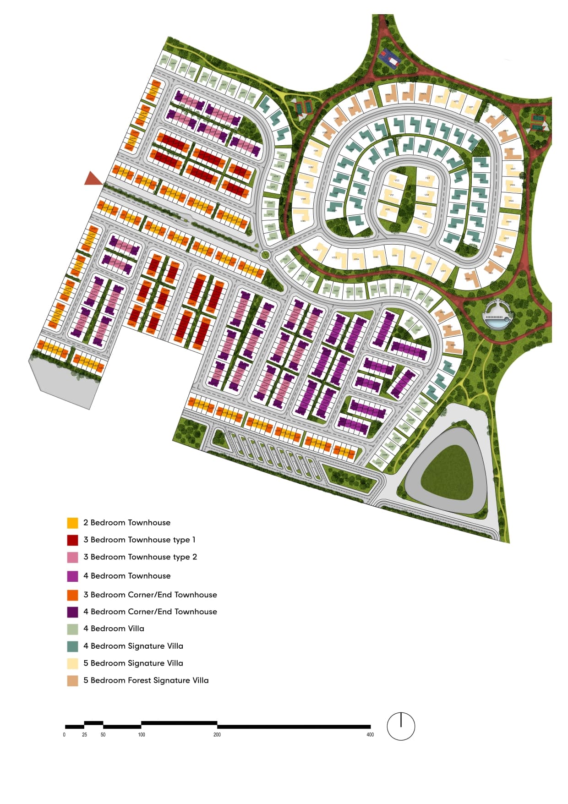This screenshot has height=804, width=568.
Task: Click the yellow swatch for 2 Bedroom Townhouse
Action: [x=72, y=523]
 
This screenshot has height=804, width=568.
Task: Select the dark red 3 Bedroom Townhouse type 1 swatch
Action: [x=72, y=540]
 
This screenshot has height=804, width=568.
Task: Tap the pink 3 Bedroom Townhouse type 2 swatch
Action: [x=72, y=557]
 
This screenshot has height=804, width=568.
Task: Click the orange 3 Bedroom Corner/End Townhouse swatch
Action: [x=72, y=595]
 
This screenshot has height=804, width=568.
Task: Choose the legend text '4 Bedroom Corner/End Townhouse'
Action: [x=150, y=612]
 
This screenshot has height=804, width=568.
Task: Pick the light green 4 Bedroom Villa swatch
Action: [x=72, y=629]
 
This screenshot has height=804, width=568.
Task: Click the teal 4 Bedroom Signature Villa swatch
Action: [x=72, y=646]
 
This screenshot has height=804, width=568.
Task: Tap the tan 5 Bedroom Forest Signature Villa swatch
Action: [x=72, y=681]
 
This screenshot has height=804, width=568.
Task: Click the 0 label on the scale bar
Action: [x=64, y=735]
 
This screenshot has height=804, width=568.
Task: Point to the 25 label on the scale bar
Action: [x=84, y=735]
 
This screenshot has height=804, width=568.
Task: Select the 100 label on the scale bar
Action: [x=142, y=735]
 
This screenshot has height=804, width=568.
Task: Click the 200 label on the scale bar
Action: [x=217, y=735]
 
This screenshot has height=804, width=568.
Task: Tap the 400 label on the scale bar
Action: [x=370, y=735]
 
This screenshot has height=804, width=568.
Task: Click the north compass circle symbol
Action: [x=401, y=726]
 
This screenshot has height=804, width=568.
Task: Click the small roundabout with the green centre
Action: [x=265, y=255]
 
